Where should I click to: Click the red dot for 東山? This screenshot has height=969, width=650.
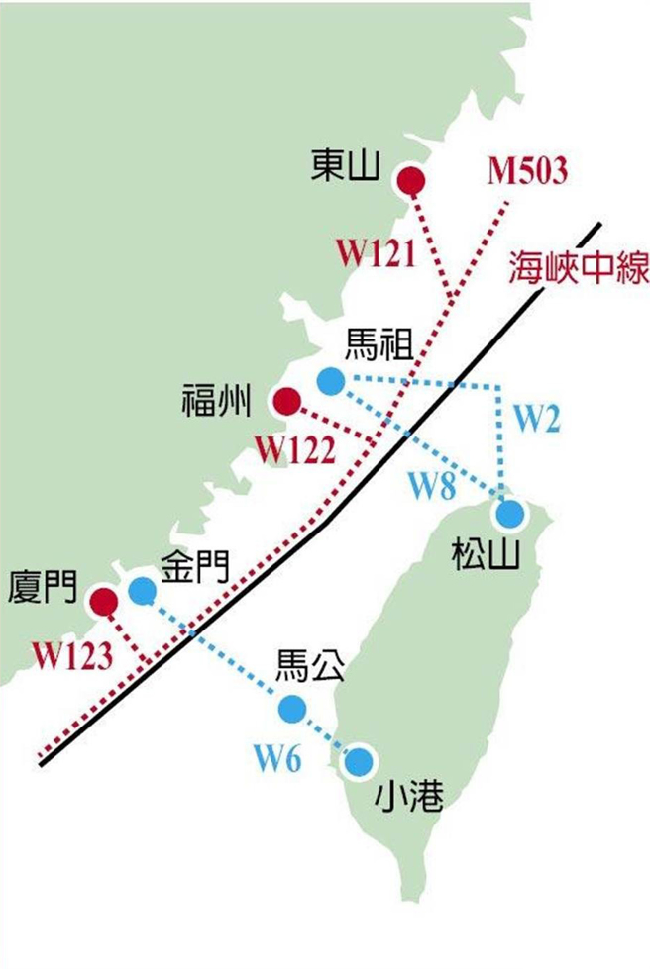tap(410, 182)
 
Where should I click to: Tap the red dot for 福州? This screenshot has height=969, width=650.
tap(286, 401)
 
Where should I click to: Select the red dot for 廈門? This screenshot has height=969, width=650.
tap(103, 601)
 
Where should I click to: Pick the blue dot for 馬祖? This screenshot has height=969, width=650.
tap(330, 379)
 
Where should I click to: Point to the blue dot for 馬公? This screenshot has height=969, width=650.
tap(292, 708)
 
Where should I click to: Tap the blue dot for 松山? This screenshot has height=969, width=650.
tap(510, 514)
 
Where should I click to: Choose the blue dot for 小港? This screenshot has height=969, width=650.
tap(359, 761)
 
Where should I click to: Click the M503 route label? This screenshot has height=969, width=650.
tap(528, 172)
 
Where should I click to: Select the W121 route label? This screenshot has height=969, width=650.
tap(373, 253)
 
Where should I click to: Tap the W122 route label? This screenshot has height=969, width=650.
tap(294, 449)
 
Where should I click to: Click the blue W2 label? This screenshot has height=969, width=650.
tap(536, 420)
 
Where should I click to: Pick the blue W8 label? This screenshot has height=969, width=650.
tap(434, 486)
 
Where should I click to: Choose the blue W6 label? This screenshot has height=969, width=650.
tap(276, 760)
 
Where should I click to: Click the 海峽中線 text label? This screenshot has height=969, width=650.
tap(579, 268)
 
